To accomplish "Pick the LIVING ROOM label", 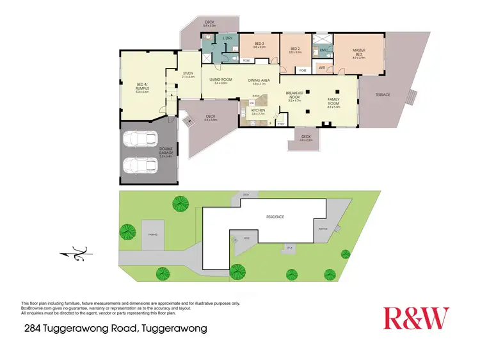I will click(x=221, y=80).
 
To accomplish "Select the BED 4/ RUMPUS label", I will click(x=142, y=88).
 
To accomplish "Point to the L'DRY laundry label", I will click(x=227, y=39).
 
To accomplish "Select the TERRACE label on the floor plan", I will click(x=383, y=95).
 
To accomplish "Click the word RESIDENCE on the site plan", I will click(x=275, y=217).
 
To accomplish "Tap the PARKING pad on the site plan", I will click(x=153, y=234).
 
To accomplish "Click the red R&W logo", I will click(x=416, y=318).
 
